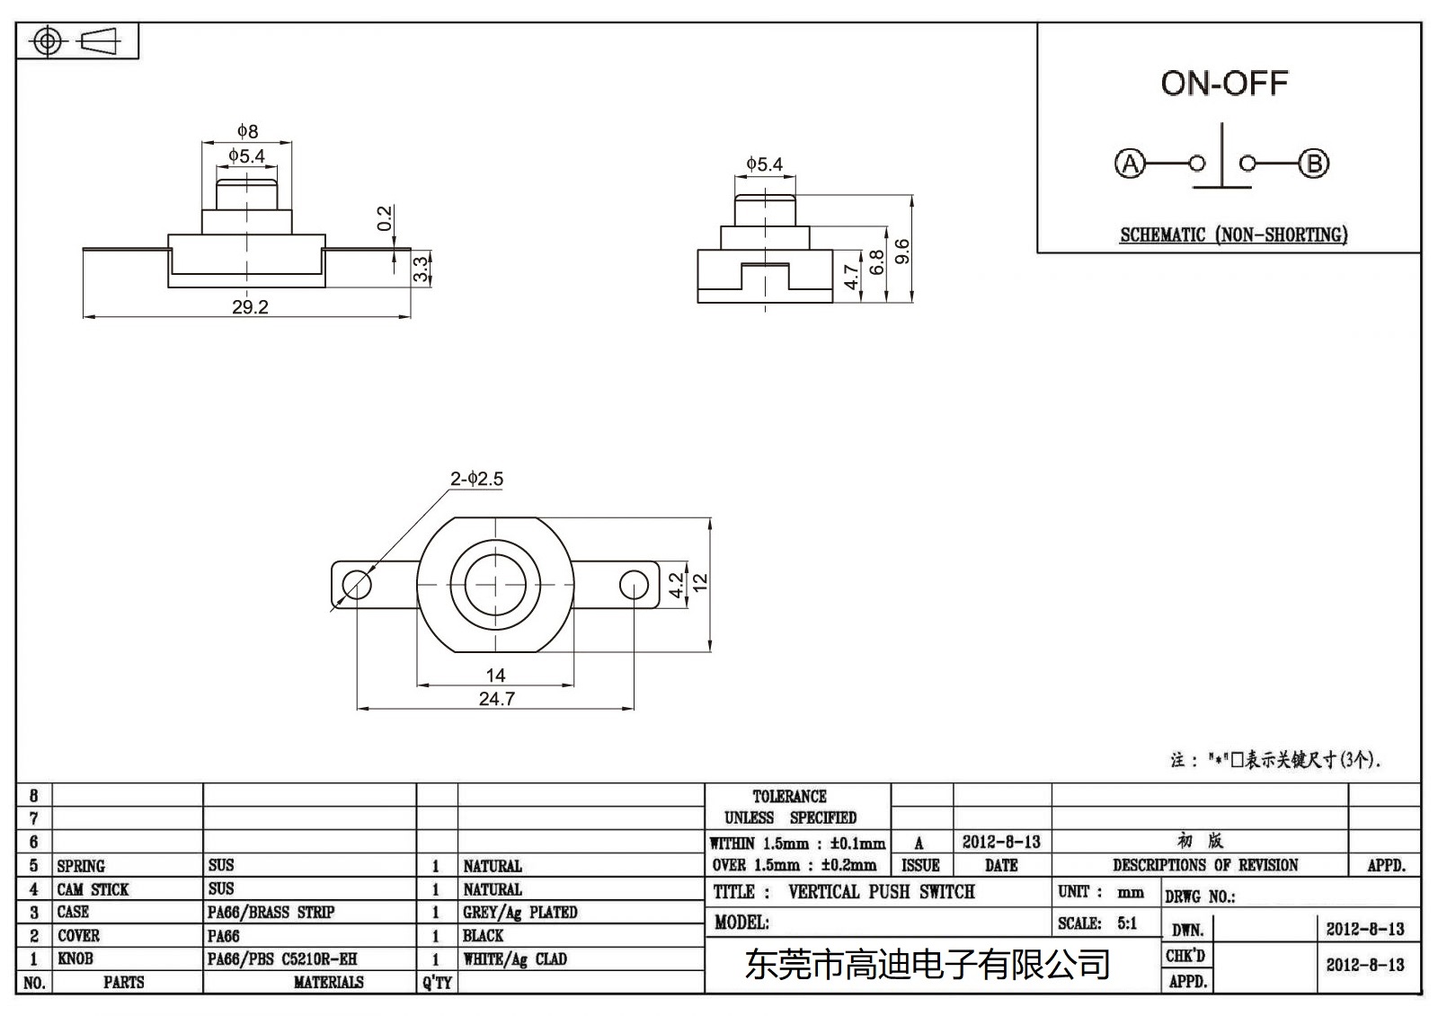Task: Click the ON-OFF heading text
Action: coord(1224,84)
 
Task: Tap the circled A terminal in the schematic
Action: coord(1130,163)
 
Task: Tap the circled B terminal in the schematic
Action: coord(1314,163)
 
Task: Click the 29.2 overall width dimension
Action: coord(250,307)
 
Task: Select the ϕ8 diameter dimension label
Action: coord(247,131)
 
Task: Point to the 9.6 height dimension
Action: coord(902,251)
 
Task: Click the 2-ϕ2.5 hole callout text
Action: coord(476,479)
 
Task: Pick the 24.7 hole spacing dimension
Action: coord(496,699)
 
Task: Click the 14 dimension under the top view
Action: coord(495,675)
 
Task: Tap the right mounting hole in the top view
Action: coord(634,586)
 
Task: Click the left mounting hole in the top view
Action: coord(357,586)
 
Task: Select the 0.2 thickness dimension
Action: coord(385,218)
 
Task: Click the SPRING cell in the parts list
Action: coord(81,866)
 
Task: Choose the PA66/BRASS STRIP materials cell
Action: coord(271,912)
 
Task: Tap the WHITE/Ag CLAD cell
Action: coord(515,959)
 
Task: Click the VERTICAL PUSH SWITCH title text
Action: coord(881,892)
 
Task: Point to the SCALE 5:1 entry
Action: coord(1097,923)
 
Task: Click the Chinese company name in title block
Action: coord(928,965)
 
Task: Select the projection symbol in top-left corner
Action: coord(76,41)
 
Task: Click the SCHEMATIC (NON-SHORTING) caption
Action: coord(1233,234)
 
